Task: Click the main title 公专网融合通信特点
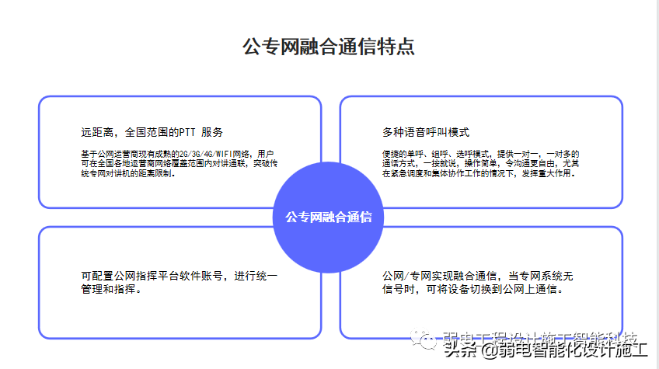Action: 329,47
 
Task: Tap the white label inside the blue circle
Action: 329,218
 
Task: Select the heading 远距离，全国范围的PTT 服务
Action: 152,132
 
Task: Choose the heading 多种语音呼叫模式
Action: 426,132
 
